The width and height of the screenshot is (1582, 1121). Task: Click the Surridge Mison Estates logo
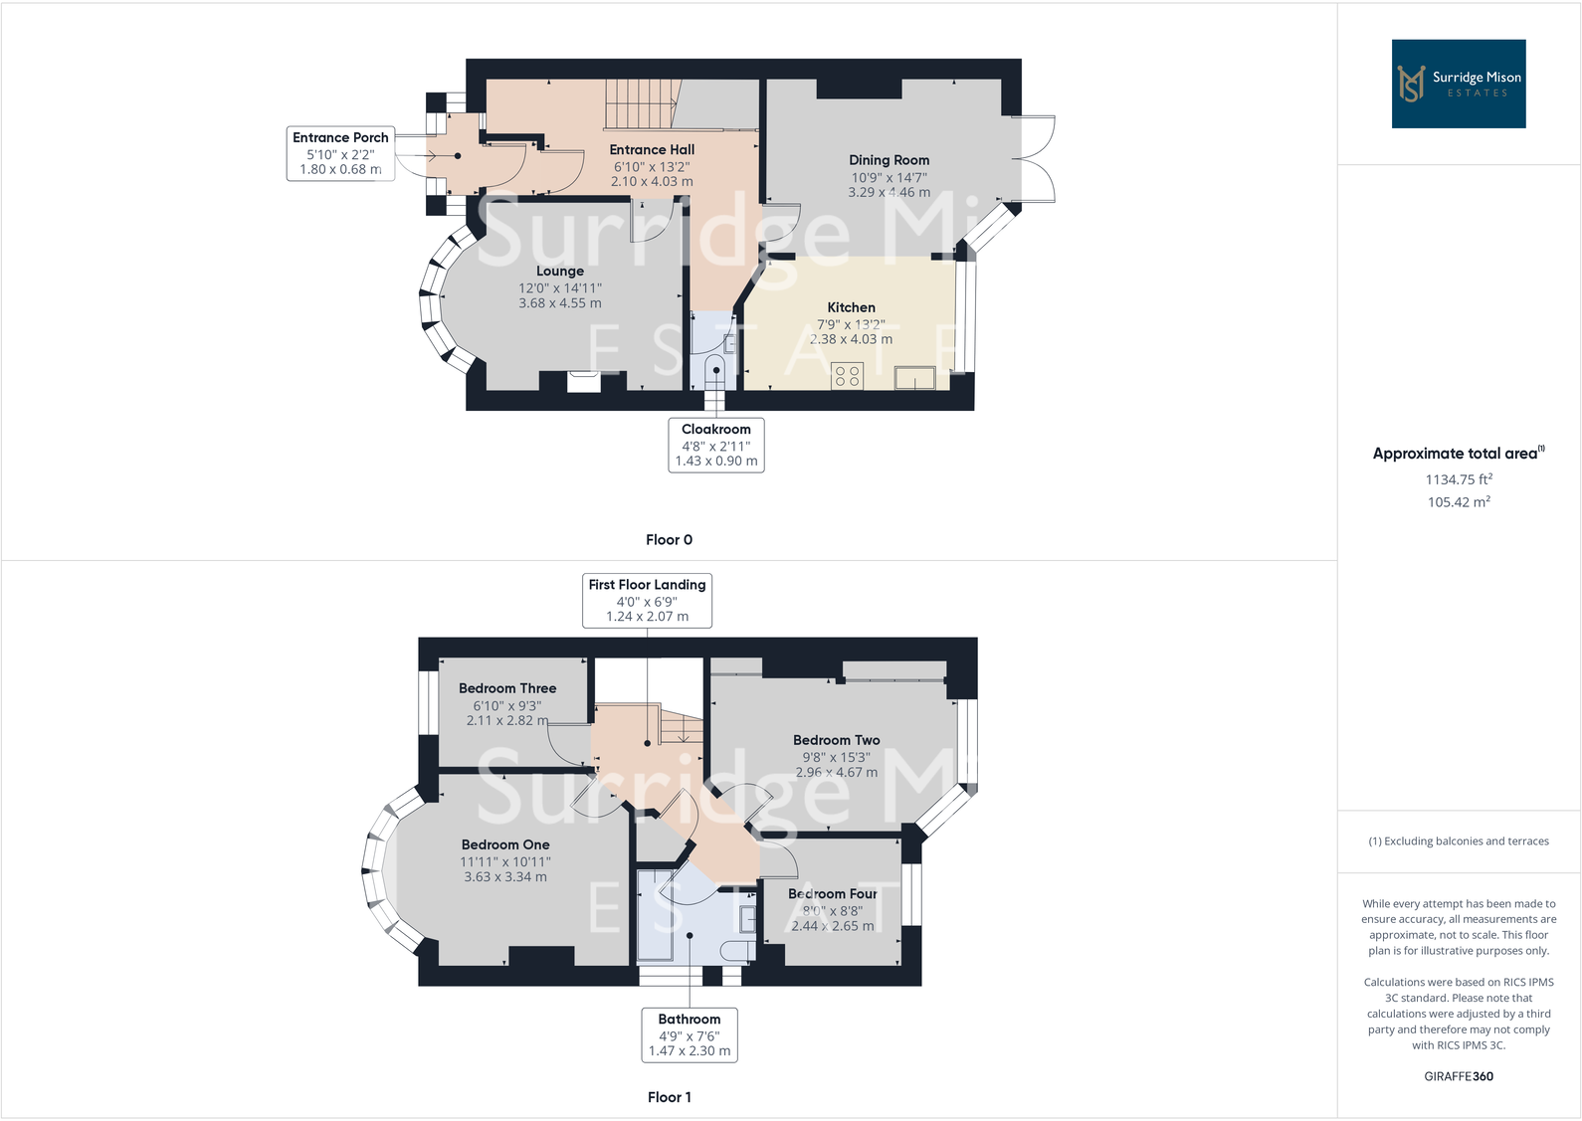tap(1458, 84)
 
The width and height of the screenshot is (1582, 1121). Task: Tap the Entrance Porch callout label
tap(340, 153)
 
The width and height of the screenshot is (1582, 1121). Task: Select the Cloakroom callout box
tap(715, 445)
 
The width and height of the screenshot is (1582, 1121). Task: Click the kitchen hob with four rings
tap(848, 376)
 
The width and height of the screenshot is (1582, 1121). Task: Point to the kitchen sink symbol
tap(914, 378)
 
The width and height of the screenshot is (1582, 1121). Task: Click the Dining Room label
tap(889, 160)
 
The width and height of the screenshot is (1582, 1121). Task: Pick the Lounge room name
tap(559, 271)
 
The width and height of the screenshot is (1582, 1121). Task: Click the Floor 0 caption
tap(669, 539)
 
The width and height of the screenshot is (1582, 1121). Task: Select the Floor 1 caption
tap(669, 1097)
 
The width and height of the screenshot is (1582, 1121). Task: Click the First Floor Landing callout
tap(647, 600)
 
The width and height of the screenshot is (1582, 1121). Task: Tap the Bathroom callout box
tap(689, 1034)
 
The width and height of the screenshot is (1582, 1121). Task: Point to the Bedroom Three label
tap(507, 688)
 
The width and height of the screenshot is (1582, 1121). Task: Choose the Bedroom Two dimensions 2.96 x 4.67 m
tap(836, 772)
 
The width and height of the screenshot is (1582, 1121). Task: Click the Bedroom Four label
tap(833, 894)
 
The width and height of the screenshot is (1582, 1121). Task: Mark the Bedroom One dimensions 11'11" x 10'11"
tap(504, 861)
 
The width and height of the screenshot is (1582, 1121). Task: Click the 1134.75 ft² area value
tap(1458, 479)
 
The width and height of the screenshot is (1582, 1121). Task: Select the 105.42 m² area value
tap(1458, 502)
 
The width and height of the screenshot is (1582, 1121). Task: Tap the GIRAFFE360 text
tap(1458, 1076)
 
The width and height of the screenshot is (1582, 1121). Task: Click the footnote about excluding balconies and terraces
tap(1458, 841)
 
